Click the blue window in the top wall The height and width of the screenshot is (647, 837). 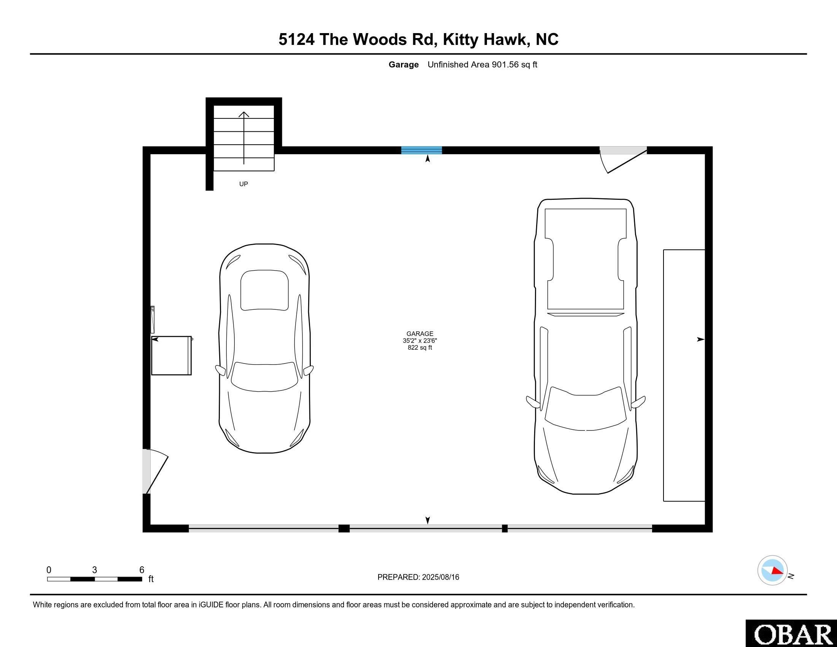point(421,150)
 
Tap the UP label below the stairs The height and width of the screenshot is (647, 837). point(243,184)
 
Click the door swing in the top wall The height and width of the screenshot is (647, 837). point(623,159)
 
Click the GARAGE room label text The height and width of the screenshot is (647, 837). point(420,333)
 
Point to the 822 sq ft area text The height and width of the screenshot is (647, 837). point(420,347)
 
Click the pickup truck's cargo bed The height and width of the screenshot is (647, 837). point(585,259)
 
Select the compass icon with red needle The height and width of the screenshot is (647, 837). point(772,570)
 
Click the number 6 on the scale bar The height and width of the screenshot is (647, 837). point(142,570)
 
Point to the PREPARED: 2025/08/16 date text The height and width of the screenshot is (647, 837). point(418,577)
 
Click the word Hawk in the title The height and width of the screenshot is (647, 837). point(504,39)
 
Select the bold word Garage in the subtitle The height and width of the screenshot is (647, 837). point(403,64)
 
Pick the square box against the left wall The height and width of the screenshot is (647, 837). point(171,355)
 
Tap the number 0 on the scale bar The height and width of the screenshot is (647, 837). point(49,570)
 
